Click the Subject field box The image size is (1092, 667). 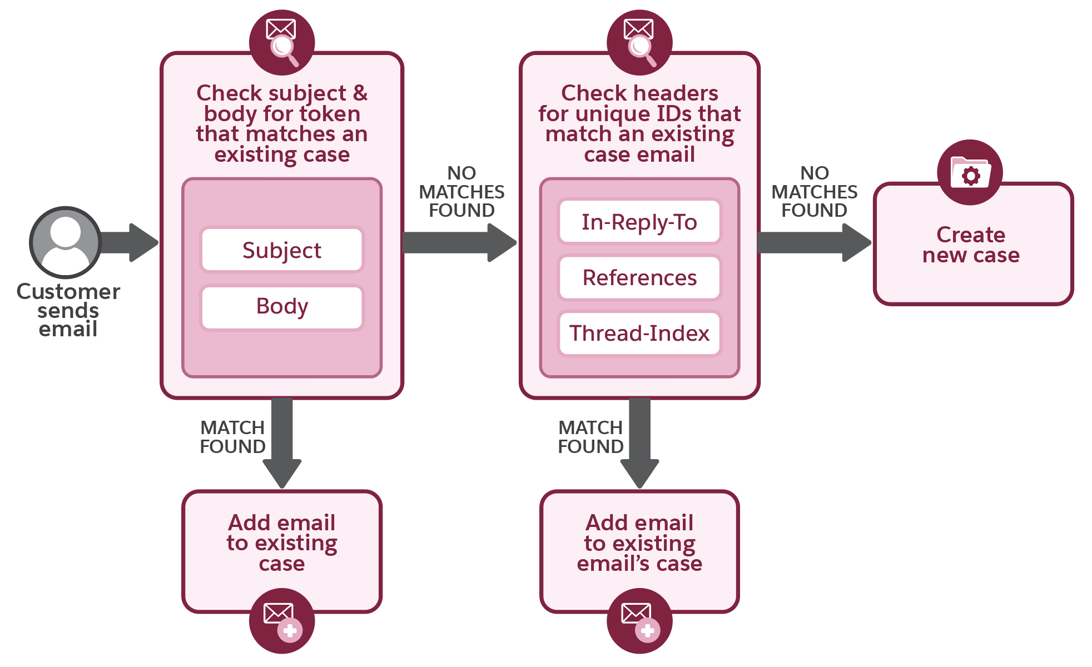point(282,250)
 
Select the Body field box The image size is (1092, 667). point(282,307)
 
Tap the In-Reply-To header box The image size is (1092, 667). point(639,222)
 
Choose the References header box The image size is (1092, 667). point(639,277)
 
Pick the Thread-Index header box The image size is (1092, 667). point(639,333)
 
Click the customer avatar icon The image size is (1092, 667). point(66,242)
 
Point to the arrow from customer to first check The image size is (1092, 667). point(131,242)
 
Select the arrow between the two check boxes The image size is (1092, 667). point(459,243)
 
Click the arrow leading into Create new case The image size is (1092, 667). point(813,243)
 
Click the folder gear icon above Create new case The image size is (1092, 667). point(970,173)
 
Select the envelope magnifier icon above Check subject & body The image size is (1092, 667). point(282,42)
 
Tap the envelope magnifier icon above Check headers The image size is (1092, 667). point(639,42)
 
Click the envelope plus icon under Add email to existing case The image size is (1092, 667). point(282,621)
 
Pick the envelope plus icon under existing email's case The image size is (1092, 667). point(639,621)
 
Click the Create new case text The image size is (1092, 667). point(971,245)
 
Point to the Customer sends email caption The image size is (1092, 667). point(68,310)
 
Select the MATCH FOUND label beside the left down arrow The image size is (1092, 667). point(232,437)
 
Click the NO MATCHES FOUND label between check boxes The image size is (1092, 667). point(461,192)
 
